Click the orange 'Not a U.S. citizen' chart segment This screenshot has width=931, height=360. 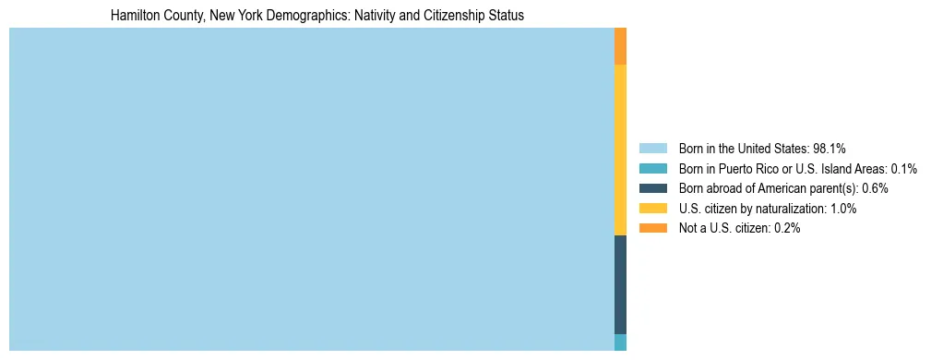[620, 46]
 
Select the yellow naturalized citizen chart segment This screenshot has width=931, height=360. [620, 150]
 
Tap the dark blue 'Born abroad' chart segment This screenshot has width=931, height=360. [620, 284]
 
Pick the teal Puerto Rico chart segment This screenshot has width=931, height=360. [620, 342]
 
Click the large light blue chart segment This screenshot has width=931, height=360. [311, 189]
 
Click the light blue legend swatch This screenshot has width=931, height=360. [652, 148]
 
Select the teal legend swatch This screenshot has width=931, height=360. [652, 168]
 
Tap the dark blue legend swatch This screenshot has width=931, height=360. [652, 188]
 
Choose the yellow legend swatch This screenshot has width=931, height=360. [652, 209]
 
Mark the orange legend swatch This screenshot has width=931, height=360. [652, 228]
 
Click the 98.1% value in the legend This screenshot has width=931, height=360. [830, 148]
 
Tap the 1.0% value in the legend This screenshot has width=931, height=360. [842, 209]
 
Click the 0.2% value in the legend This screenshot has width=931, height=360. [786, 228]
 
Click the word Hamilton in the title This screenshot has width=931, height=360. [133, 16]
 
